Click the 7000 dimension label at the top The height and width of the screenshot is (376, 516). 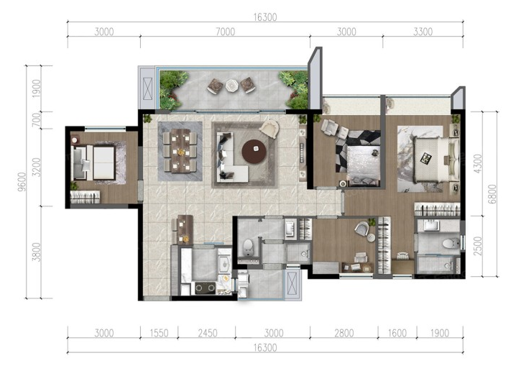(226, 32)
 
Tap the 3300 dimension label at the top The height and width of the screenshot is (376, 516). (423, 32)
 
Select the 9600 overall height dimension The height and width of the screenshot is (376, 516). (22, 181)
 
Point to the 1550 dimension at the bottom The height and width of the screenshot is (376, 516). (159, 333)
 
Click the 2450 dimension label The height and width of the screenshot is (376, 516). (208, 333)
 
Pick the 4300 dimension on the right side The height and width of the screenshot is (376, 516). (478, 163)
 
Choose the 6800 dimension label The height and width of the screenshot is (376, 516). (492, 194)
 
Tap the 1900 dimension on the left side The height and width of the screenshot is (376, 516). (36, 88)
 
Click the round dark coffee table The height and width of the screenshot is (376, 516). (254, 152)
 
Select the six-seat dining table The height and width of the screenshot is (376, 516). (180, 151)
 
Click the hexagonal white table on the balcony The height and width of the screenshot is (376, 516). (231, 86)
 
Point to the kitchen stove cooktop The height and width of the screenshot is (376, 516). (206, 288)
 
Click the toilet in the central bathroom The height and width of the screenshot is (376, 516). (248, 247)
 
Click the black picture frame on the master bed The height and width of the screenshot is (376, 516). (426, 159)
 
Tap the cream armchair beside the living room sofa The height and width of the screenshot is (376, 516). (269, 128)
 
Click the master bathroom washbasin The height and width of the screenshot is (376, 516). (431, 226)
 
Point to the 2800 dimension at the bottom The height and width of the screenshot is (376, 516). (344, 333)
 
